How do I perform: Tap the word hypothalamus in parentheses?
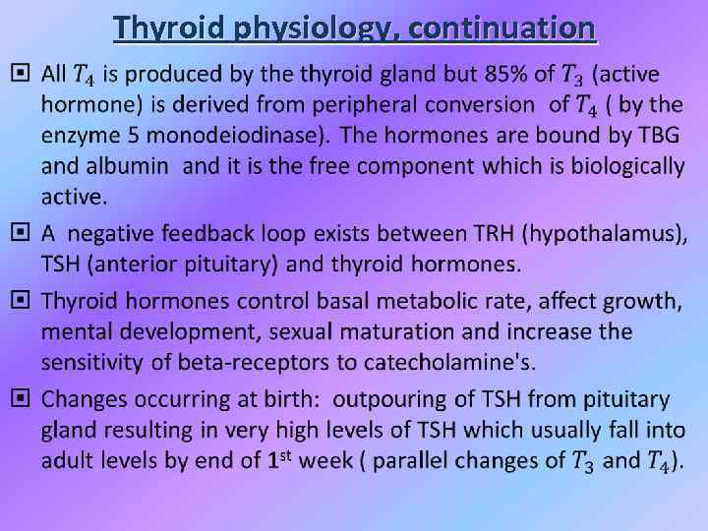(605, 234)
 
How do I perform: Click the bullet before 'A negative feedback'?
(19, 234)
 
